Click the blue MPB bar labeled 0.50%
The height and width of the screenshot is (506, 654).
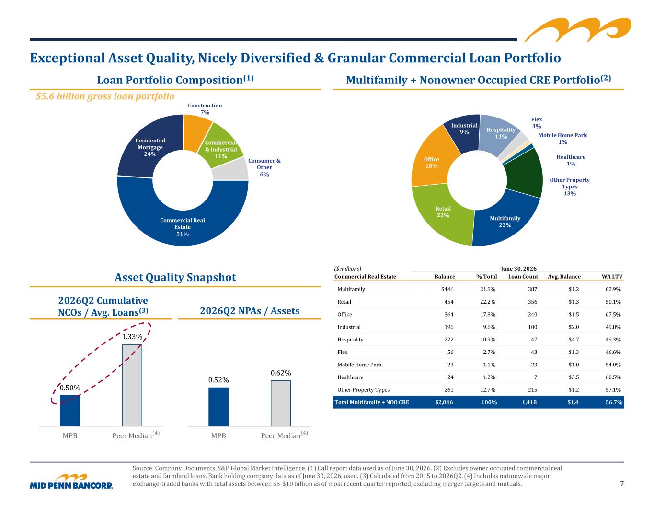70,410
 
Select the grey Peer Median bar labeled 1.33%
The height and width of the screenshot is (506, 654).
132,385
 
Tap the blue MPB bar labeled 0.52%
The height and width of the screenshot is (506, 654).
218,407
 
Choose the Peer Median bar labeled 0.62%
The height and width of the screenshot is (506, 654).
281,403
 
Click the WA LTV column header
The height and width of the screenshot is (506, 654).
612,276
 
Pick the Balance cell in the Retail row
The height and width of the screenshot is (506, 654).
449,302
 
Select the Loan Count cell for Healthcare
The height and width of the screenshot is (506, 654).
536,377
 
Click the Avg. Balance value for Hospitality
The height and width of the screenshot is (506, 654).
574,340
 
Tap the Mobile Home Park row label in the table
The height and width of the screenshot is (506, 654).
359,365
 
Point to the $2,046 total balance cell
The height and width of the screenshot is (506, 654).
444,402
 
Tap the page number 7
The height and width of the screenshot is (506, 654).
622,483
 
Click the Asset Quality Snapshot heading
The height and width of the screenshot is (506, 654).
175,277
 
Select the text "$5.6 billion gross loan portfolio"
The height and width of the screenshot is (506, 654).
105,96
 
